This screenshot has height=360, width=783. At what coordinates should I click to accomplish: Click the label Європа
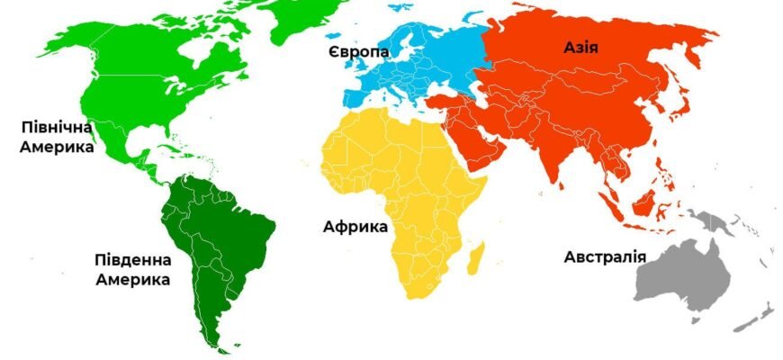coord(359,52)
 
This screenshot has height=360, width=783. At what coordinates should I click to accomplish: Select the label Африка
coord(355,226)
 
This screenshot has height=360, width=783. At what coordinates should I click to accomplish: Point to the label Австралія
coord(605,257)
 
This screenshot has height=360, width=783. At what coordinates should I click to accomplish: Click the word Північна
coord(56,128)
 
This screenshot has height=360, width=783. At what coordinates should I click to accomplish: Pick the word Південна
coord(132,261)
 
